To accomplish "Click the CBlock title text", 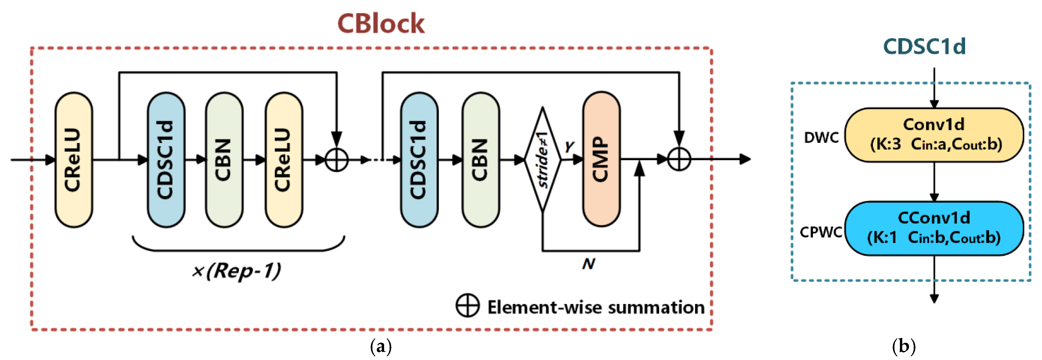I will [381, 23].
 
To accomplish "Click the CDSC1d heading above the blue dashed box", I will [924, 47].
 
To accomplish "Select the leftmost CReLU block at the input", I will [74, 160].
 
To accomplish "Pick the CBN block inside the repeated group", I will [224, 160].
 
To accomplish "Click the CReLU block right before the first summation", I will [284, 160].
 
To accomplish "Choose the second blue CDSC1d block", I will [419, 160].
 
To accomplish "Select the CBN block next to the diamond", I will [481, 160].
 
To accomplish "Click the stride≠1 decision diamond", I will [542, 160].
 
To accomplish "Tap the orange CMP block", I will [601, 159].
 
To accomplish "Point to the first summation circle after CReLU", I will [336, 160].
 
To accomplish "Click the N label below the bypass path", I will [589, 264].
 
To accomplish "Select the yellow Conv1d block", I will [934, 135].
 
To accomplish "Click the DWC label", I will [821, 138].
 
